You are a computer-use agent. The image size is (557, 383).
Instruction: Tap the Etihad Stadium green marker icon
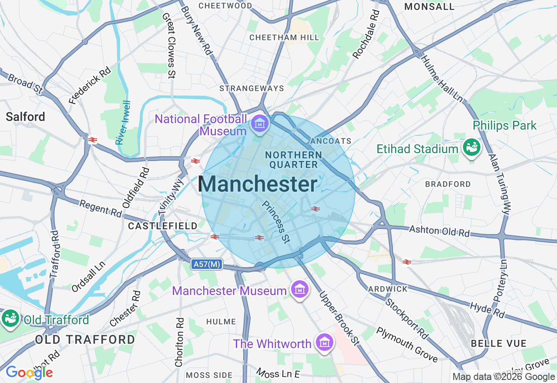(x=471, y=147)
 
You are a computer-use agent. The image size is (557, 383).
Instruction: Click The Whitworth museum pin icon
(x=324, y=343)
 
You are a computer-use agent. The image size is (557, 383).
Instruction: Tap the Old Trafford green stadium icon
(x=10, y=318)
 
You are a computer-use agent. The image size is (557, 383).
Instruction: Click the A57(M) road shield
(x=206, y=264)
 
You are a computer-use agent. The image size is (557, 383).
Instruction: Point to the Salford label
(x=25, y=117)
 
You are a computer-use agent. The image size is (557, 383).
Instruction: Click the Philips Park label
(x=505, y=126)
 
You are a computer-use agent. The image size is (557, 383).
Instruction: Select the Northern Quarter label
(x=294, y=160)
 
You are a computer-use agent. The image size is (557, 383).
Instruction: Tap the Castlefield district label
(x=163, y=226)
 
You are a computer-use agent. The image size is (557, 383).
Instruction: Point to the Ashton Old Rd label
(x=440, y=231)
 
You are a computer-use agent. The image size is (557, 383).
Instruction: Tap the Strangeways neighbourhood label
(x=252, y=88)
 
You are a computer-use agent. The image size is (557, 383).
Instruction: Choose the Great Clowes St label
(x=168, y=45)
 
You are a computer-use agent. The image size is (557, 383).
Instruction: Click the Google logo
(x=29, y=372)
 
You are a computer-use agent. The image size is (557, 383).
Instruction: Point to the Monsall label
(x=429, y=7)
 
